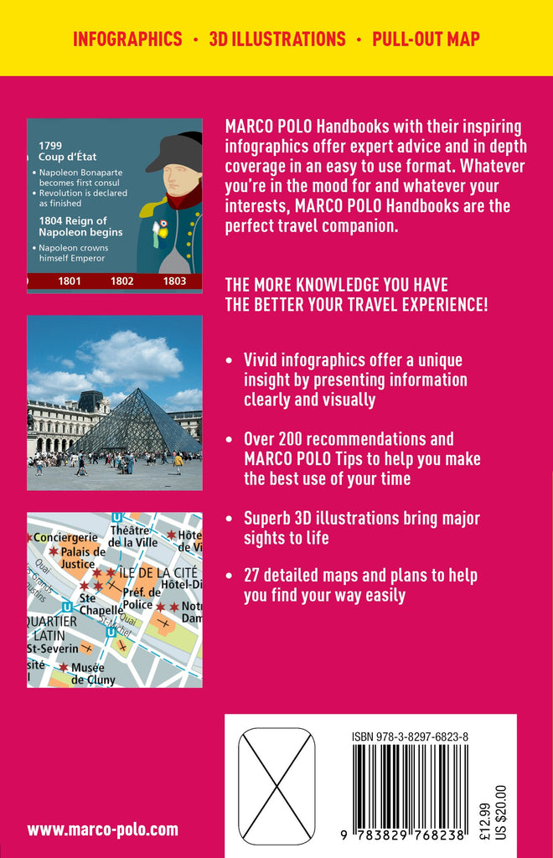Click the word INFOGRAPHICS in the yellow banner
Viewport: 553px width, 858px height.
[127, 39]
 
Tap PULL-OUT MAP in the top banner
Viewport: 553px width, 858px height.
[426, 39]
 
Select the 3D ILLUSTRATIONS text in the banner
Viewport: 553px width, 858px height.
[276, 39]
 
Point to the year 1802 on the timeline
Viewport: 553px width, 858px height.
[121, 281]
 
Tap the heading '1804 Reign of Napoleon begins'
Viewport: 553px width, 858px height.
[80, 225]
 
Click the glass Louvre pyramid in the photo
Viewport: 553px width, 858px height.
[133, 422]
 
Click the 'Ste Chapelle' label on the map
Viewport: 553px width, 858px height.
[100, 605]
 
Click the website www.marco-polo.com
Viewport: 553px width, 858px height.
[102, 830]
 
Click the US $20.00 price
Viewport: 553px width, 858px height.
[501, 812]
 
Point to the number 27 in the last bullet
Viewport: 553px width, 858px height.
[252, 576]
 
